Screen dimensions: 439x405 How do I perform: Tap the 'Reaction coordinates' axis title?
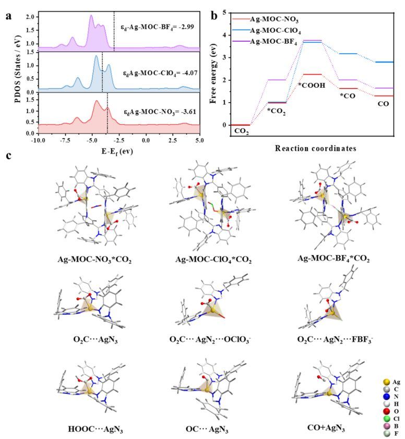coord(316,148)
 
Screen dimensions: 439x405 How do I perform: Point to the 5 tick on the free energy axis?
coord(224,11)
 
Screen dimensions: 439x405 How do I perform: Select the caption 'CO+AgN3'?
coord(327,429)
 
